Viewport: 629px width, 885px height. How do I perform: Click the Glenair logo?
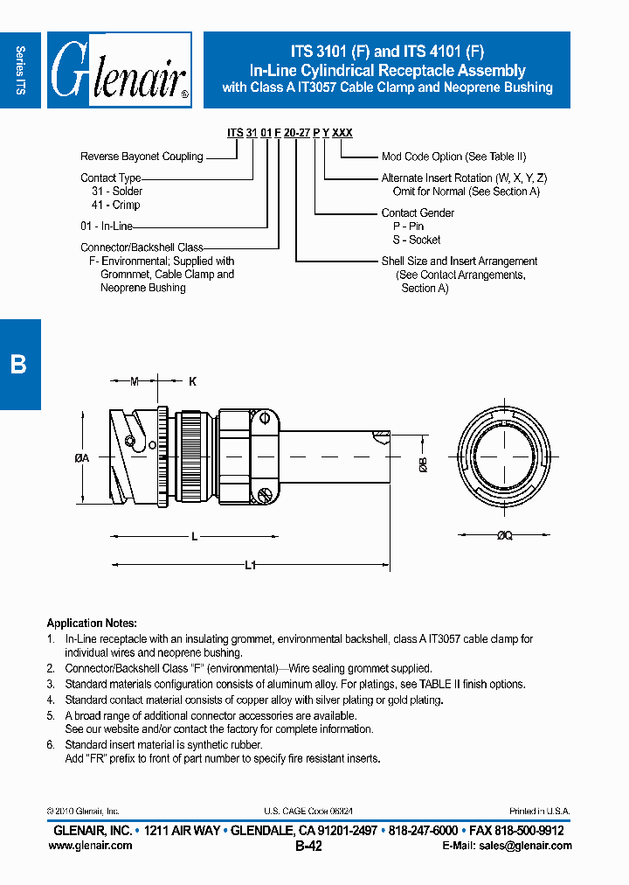coord(119,70)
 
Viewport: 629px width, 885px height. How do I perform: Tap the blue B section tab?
coord(19,364)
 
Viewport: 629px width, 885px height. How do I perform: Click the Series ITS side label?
coord(20,70)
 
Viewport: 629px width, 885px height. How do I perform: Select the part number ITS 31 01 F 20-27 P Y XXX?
coord(290,133)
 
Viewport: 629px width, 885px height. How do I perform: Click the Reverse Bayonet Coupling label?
coord(142,157)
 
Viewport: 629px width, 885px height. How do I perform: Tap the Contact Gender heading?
coord(418,213)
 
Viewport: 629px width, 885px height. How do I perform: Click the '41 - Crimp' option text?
coord(115,205)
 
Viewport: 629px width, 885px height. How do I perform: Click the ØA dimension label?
coord(83,457)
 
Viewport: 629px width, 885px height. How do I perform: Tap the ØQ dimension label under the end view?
coord(504,535)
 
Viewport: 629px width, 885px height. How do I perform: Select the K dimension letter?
coord(192,381)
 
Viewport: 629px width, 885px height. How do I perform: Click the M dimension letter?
coord(134,381)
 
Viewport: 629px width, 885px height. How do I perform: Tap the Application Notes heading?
coord(92,624)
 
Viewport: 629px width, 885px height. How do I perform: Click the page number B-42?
coord(308,847)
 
